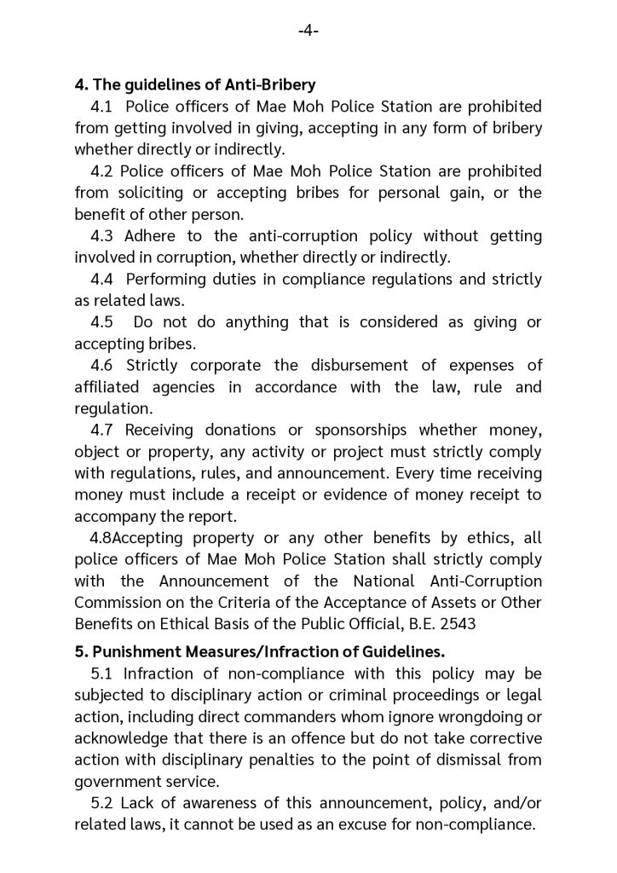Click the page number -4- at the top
pos(308,32)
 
